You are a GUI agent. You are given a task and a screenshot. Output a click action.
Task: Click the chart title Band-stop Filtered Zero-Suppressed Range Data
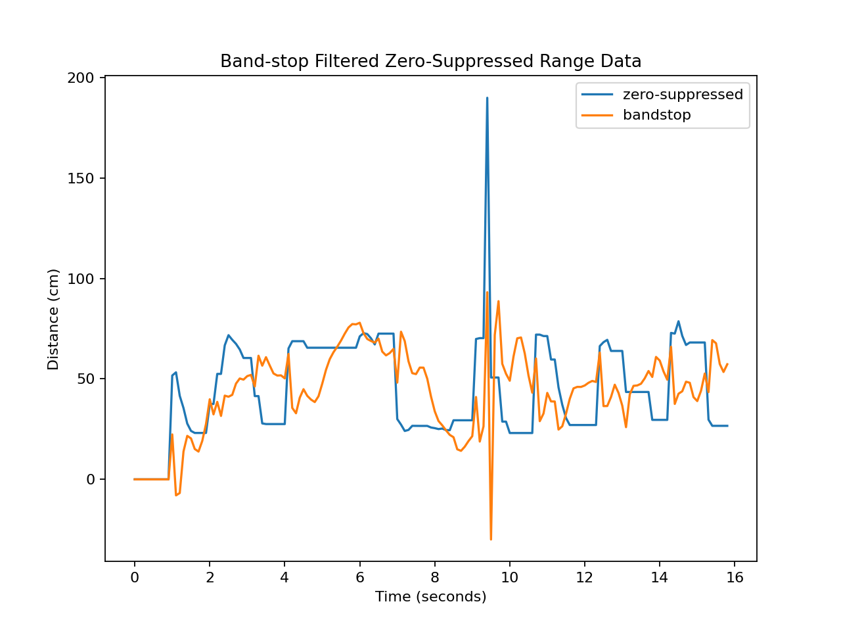pyautogui.click(x=430, y=61)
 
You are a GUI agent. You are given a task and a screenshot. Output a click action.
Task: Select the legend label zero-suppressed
pyautogui.click(x=683, y=95)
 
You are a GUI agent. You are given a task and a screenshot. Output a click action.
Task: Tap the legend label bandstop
pyautogui.click(x=656, y=115)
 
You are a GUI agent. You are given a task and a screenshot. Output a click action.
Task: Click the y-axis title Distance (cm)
pyautogui.click(x=53, y=319)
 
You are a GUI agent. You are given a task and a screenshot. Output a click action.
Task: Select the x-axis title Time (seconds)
pyautogui.click(x=430, y=597)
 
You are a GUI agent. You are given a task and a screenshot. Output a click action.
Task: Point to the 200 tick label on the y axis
pyautogui.click(x=82, y=78)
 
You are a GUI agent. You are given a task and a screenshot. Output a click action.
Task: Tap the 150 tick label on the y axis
pyautogui.click(x=82, y=179)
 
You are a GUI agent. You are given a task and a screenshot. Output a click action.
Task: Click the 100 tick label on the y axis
pyautogui.click(x=82, y=279)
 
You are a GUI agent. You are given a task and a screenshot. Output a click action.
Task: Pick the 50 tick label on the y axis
pyautogui.click(x=86, y=379)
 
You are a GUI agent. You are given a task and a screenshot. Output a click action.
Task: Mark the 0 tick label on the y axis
pyautogui.click(x=91, y=480)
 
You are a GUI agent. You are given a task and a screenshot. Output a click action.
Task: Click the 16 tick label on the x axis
pyautogui.click(x=735, y=578)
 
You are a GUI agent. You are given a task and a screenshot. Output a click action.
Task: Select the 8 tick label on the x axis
pyautogui.click(x=434, y=578)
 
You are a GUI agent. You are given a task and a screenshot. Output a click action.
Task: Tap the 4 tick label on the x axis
pyautogui.click(x=284, y=578)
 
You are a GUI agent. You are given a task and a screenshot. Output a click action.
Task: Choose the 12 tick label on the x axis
pyautogui.click(x=584, y=578)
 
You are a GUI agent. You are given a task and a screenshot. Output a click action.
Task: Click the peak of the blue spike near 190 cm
pyautogui.click(x=487, y=98)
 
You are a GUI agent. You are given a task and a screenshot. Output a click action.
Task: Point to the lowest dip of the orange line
pyautogui.click(x=491, y=539)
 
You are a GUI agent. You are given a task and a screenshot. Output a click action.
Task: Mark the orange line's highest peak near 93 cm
pyautogui.click(x=487, y=292)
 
